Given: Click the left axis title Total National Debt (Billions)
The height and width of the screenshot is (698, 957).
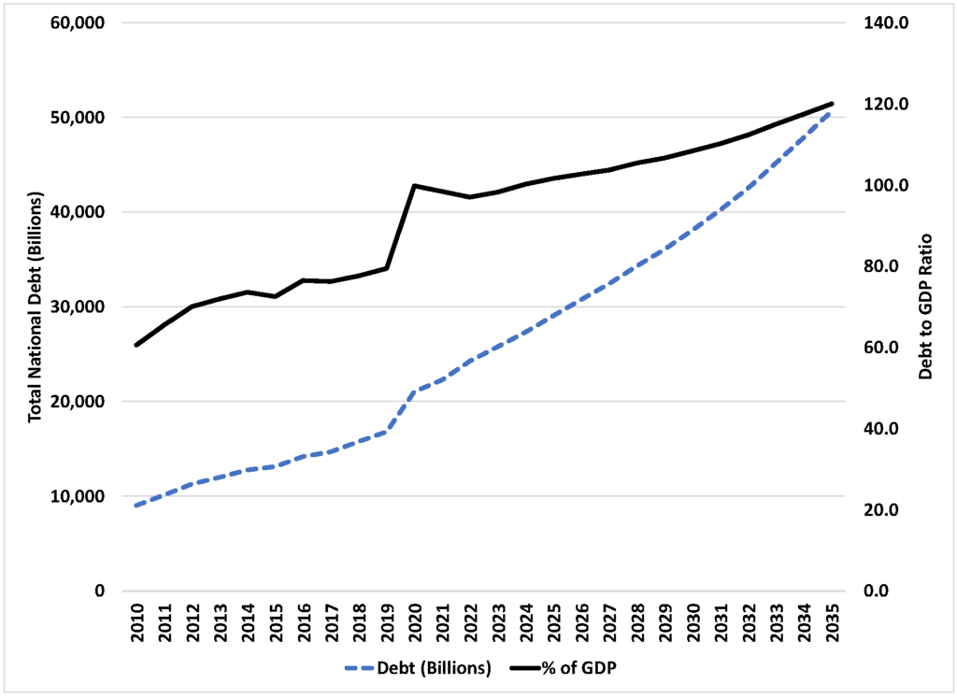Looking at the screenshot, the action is click(x=36, y=306).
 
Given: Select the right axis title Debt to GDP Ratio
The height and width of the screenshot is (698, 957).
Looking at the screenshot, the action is click(x=926, y=306).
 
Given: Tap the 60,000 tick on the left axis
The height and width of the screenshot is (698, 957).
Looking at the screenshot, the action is click(x=79, y=22).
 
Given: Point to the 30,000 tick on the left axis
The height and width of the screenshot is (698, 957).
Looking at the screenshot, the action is click(x=79, y=306).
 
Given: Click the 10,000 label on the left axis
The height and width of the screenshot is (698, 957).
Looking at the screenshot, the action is click(x=79, y=496).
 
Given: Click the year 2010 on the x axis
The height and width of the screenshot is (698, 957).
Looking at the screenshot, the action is click(x=136, y=622).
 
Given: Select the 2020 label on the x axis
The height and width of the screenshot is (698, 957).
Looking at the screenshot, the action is click(x=415, y=622).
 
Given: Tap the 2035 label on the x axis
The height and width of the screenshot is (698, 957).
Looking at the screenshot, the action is click(x=832, y=622).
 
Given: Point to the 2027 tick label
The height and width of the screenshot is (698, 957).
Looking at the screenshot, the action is click(x=609, y=622).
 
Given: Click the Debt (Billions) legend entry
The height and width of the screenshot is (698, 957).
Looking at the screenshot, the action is click(x=418, y=668).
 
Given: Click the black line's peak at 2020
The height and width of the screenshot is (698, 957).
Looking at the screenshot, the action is click(x=414, y=185).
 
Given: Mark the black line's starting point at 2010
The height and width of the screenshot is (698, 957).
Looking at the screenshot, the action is click(x=136, y=346).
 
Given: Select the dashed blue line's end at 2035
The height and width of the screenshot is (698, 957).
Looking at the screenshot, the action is click(x=831, y=111).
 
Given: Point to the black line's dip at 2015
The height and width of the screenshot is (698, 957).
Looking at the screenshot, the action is click(x=276, y=296).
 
